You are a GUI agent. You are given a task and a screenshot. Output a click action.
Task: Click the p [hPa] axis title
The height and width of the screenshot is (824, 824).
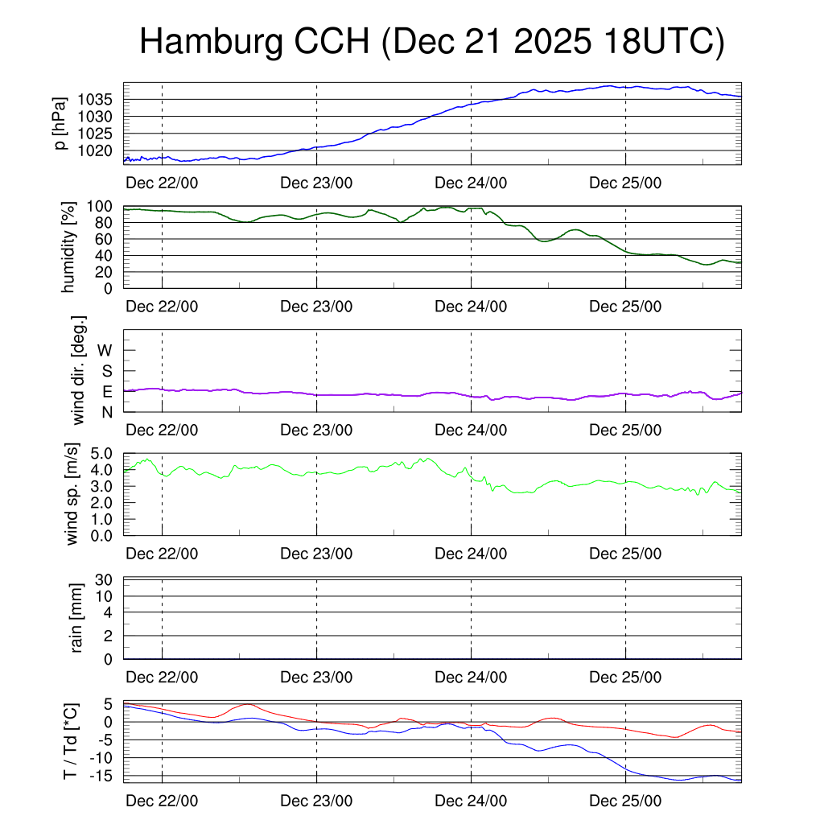pyautogui.click(x=60, y=123)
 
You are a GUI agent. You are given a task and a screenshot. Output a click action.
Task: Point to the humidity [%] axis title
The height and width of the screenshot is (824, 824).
pyautogui.click(x=69, y=247)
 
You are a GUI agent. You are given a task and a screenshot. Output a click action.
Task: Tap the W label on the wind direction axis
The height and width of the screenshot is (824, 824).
pyautogui.click(x=105, y=350)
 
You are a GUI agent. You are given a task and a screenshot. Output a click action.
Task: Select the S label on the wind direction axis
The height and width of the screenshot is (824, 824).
pyautogui.click(x=105, y=371)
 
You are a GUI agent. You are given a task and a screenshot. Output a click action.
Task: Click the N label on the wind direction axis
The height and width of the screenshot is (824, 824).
pyautogui.click(x=105, y=412)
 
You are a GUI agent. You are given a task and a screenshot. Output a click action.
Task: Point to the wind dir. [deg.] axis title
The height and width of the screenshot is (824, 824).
pyautogui.click(x=79, y=370)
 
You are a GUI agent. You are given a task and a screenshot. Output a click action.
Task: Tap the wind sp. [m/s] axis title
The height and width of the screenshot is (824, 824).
pyautogui.click(x=72, y=494)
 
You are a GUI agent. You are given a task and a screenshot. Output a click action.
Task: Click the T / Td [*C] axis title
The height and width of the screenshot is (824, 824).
pyautogui.click(x=70, y=741)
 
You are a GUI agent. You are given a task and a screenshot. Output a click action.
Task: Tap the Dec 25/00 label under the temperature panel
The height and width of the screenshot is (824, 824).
pyautogui.click(x=625, y=801)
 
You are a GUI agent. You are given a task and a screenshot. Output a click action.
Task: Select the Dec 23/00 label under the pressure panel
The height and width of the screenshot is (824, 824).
pyautogui.click(x=316, y=183)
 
